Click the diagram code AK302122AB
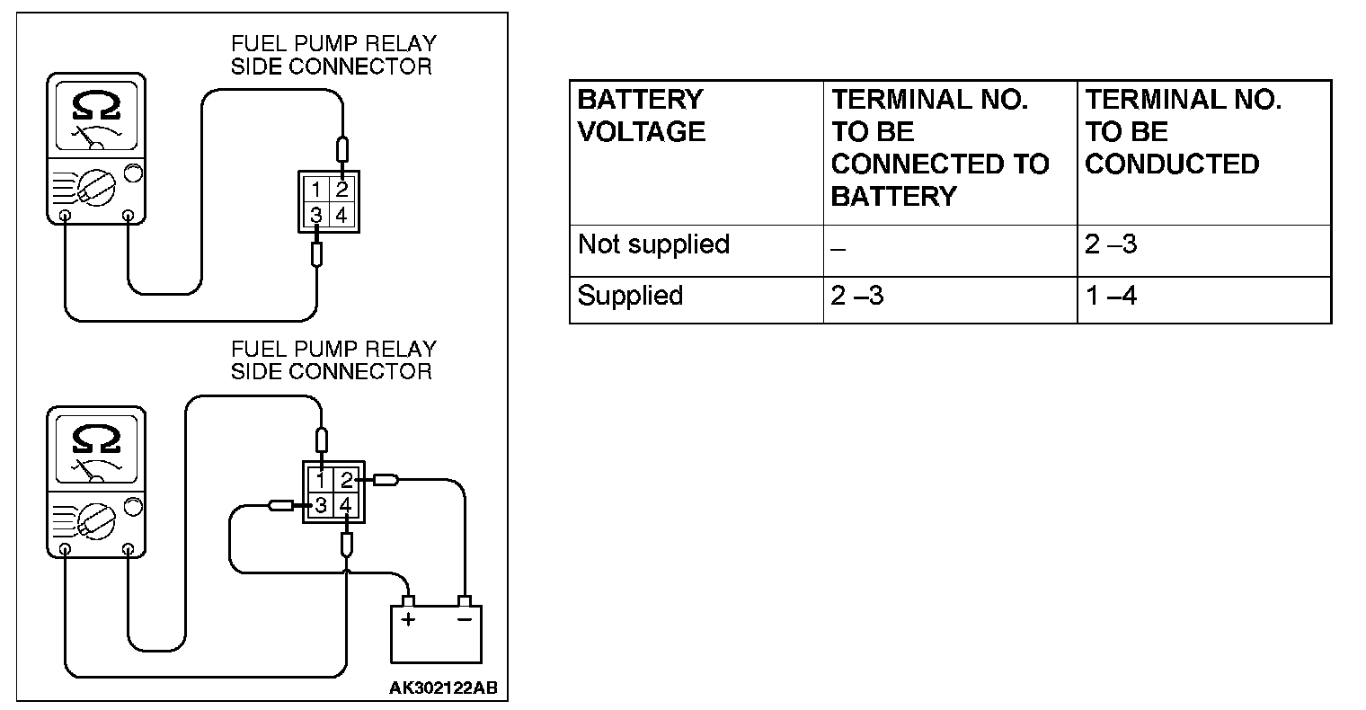(x=443, y=688)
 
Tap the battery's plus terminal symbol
(x=408, y=620)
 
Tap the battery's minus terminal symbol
(x=464, y=619)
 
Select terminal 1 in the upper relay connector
(x=316, y=189)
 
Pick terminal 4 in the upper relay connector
(x=341, y=215)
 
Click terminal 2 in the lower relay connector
(x=346, y=480)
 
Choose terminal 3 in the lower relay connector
(x=321, y=505)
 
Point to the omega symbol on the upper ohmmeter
(x=96, y=106)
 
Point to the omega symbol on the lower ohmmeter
(x=96, y=439)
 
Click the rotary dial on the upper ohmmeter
(x=96, y=188)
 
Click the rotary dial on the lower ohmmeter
(x=96, y=521)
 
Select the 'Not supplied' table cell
(x=653, y=244)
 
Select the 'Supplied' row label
(x=630, y=296)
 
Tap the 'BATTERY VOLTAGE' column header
(x=641, y=116)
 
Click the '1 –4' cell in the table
(x=1111, y=296)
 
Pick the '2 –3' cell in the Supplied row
(x=856, y=296)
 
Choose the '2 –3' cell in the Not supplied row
(x=1111, y=244)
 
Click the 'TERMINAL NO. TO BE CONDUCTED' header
(x=1183, y=132)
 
